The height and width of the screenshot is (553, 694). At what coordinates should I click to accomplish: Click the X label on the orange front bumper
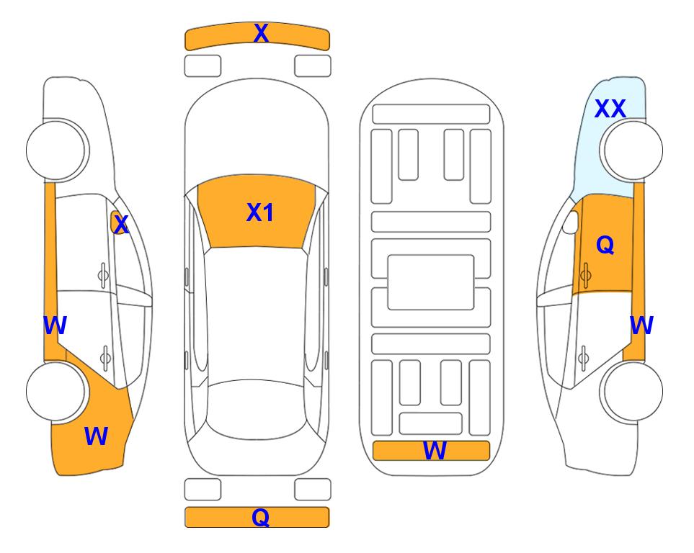point(261,33)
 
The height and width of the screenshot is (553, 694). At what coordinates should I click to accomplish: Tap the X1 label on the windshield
point(260,212)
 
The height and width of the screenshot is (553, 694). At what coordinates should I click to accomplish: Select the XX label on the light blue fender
point(610,109)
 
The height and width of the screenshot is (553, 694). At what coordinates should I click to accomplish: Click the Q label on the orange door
point(605,245)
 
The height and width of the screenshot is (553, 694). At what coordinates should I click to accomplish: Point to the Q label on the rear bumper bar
point(261,517)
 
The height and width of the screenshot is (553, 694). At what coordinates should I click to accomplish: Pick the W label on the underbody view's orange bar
point(435,451)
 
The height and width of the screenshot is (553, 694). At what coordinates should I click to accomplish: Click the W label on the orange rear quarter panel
point(96,436)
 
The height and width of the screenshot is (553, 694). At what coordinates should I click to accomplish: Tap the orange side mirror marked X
point(117,222)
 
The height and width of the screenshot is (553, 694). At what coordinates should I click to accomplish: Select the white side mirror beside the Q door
point(571,222)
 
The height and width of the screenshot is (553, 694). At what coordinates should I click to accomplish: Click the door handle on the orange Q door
point(585,275)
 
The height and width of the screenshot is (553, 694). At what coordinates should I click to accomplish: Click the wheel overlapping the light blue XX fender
point(631,150)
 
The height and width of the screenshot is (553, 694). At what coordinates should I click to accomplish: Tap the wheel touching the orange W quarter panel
point(57,391)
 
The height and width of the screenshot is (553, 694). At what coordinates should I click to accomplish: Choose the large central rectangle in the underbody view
point(431,282)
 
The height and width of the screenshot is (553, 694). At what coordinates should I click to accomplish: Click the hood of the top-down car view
point(257,132)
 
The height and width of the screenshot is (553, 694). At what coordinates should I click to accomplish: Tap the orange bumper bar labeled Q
point(257,517)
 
